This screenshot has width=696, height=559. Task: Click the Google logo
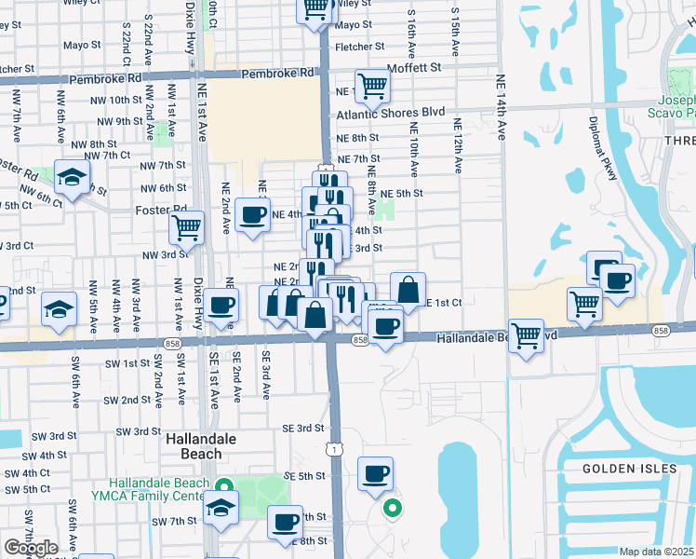click(x=31, y=548)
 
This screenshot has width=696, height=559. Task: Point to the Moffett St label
click(x=410, y=68)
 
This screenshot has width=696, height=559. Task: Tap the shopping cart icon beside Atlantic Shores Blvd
click(x=372, y=86)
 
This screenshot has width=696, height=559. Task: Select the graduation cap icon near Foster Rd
click(x=72, y=177)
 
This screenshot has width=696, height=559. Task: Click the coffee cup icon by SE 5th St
click(x=375, y=473)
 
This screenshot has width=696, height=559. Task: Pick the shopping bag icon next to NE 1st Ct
click(x=408, y=289)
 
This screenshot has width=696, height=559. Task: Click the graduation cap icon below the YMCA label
click(x=221, y=508)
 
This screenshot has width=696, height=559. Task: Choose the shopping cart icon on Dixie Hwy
click(x=187, y=226)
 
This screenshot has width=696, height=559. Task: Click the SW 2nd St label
click(x=127, y=400)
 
